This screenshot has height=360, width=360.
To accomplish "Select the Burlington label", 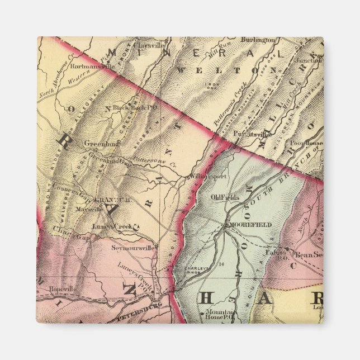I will [258, 40].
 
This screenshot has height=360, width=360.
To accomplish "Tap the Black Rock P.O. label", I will [129, 106].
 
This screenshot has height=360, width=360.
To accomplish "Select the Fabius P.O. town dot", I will [287, 249].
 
